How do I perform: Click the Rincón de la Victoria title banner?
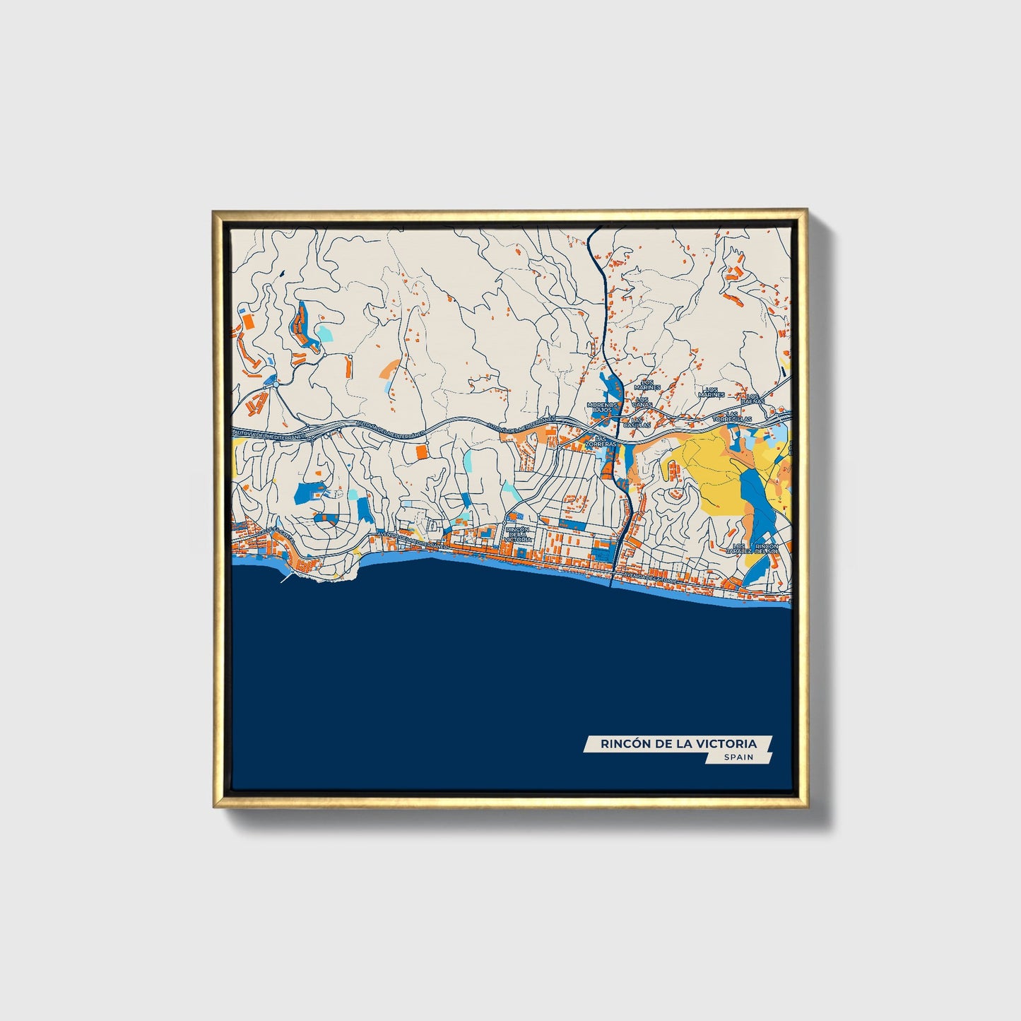(678, 743)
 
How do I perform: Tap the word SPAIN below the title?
(738, 757)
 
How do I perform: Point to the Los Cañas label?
(642, 402)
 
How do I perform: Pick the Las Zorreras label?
(604, 441)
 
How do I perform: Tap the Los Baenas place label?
(755, 399)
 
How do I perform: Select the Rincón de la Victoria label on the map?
(517, 534)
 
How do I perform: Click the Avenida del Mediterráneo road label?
(414, 541)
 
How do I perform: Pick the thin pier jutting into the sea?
(287, 577)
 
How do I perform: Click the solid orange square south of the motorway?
(421, 452)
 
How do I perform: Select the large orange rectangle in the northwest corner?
(248, 321)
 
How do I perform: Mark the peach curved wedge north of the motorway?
(389, 367)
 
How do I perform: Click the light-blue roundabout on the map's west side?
(270, 381)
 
